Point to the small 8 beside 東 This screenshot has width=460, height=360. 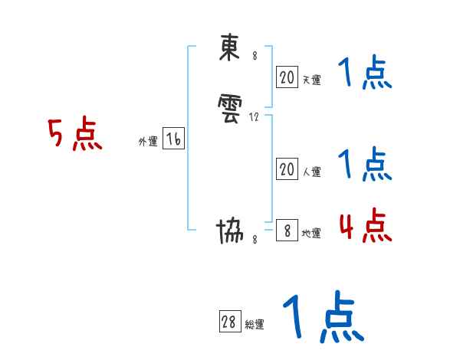click(255, 56)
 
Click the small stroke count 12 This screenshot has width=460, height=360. click(255, 117)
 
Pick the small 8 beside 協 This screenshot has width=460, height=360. click(255, 240)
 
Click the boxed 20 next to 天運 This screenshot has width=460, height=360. click(287, 77)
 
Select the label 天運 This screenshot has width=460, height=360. click(311, 80)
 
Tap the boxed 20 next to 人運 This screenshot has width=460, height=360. click(287, 169)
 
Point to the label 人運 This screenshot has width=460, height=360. click(311, 172)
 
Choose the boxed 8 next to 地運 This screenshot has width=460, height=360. click(287, 231)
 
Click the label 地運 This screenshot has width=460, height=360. click(311, 234)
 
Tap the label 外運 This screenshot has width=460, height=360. click(148, 142)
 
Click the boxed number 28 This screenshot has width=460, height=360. click(228, 322)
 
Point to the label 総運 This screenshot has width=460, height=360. click(254, 325)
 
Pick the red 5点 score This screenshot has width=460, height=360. click(75, 135)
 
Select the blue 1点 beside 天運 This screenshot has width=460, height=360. click(365, 74)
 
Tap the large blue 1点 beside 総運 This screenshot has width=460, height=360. click(322, 317)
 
